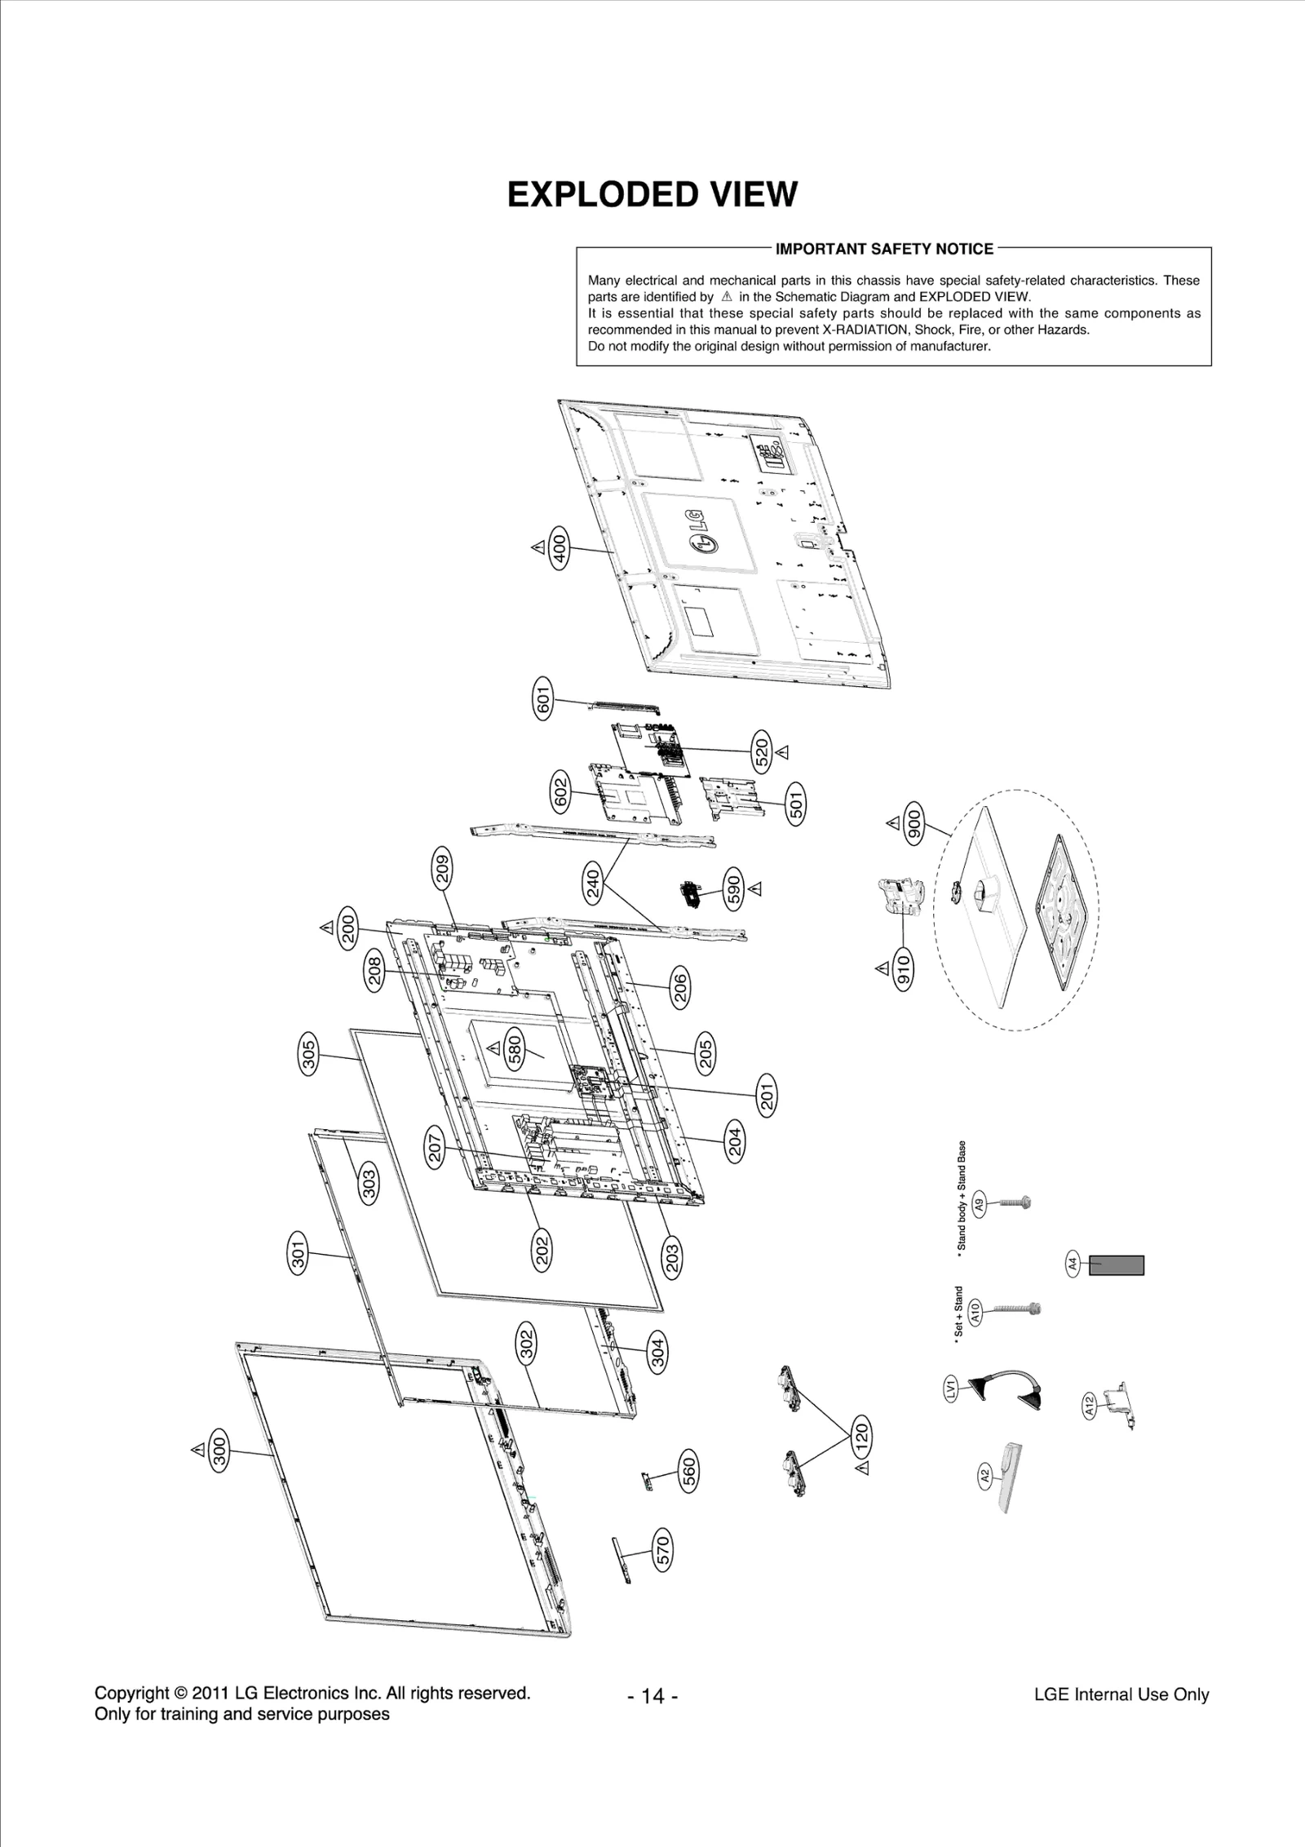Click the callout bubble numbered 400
(x=560, y=548)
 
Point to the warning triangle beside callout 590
(x=755, y=887)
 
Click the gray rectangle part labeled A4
(x=1117, y=1265)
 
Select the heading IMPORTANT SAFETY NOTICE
(x=884, y=249)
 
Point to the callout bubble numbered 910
(x=904, y=969)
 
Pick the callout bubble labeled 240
(x=594, y=884)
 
